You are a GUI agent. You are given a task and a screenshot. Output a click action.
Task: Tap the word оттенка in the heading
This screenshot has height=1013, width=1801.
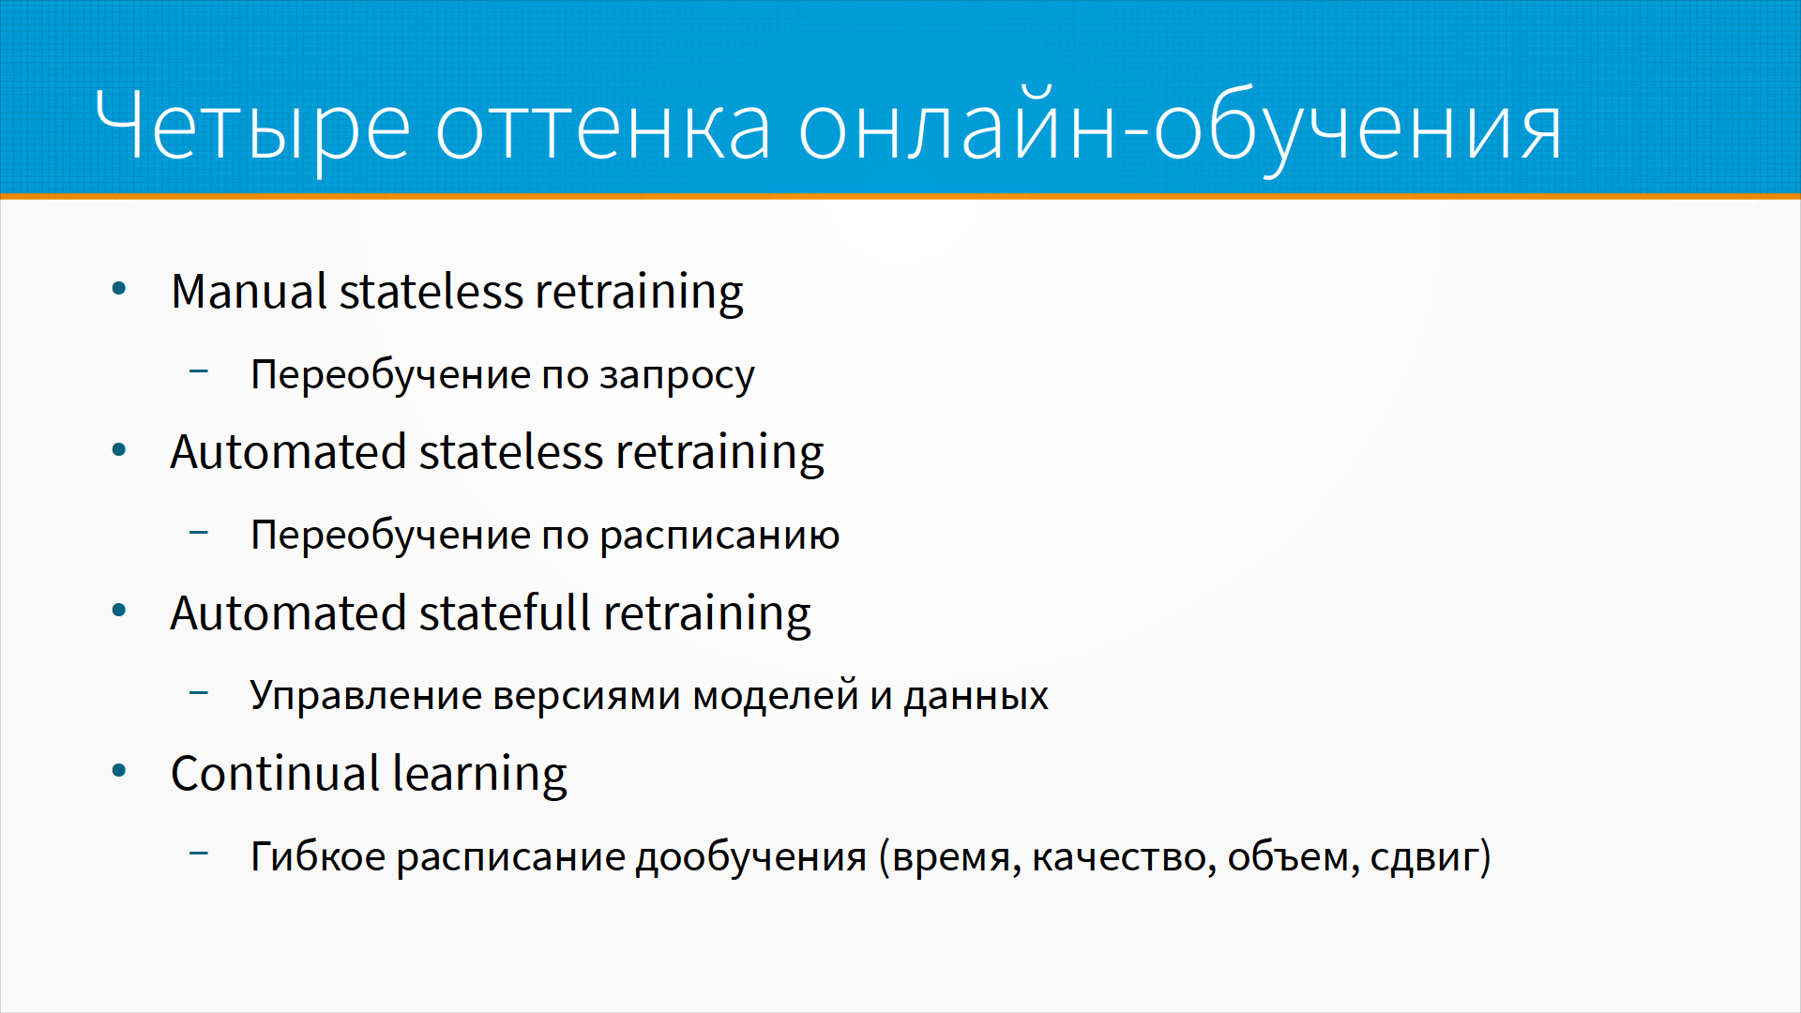coord(603,129)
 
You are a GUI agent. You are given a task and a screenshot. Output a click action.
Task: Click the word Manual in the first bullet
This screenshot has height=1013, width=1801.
coord(249,291)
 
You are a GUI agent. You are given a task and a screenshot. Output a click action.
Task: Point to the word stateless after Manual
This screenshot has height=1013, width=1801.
coord(431,291)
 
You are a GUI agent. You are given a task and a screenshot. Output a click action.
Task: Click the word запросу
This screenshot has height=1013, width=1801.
coord(676,376)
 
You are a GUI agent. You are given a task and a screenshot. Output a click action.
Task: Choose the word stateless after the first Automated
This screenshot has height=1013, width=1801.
coord(510,452)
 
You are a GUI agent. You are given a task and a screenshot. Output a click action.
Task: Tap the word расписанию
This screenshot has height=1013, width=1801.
coord(719,537)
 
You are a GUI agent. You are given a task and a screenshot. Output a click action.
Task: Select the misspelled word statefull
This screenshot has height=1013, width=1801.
coord(504,612)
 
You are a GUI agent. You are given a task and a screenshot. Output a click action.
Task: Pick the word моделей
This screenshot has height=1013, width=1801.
coord(775,695)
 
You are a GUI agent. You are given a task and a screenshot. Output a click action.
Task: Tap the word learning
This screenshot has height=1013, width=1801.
coord(480,776)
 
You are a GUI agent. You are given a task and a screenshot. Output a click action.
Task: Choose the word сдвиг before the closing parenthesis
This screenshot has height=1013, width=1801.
coord(1424,858)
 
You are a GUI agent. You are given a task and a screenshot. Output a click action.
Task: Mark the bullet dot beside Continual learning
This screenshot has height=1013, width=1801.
coord(119,772)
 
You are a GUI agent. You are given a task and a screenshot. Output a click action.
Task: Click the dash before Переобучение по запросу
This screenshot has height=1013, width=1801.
coord(199,371)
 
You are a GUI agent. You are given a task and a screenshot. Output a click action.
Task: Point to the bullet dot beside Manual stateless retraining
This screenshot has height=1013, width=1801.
coord(119,289)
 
